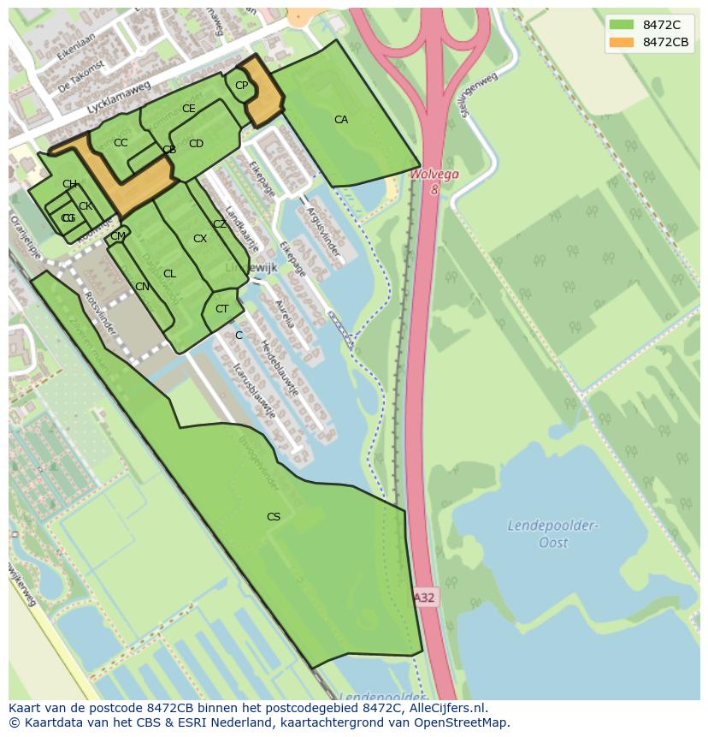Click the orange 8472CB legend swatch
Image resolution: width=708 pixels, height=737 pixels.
click(622, 42)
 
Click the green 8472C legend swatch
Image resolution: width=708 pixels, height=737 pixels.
click(622, 25)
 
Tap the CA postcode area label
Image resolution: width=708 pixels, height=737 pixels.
click(341, 120)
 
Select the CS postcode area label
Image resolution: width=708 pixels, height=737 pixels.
click(274, 516)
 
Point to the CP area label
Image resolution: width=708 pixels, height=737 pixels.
click(241, 85)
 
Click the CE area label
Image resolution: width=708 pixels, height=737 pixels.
click(189, 109)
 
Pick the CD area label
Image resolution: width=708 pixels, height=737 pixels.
click(196, 144)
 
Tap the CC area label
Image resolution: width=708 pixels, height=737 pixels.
click(121, 143)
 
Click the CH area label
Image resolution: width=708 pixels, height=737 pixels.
click(69, 184)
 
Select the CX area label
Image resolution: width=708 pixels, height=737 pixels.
click(200, 239)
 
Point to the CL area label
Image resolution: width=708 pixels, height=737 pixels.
click(169, 274)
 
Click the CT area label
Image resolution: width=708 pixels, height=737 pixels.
click(222, 309)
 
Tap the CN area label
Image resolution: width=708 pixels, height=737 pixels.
click(142, 287)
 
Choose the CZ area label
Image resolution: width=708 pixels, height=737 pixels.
click(220, 224)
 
